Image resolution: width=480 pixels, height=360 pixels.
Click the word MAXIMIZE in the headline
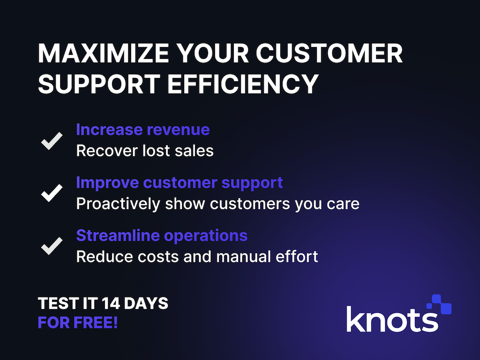point(104,53)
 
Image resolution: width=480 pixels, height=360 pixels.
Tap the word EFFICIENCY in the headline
point(243,84)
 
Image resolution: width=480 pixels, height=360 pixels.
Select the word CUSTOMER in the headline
point(329,53)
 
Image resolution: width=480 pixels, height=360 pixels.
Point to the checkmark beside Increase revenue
point(52,141)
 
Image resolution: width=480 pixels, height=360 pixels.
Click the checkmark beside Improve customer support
point(52,193)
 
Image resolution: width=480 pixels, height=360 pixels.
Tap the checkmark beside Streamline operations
point(52,246)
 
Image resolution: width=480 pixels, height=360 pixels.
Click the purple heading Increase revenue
point(143,129)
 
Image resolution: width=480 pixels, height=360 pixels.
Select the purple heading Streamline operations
point(162,236)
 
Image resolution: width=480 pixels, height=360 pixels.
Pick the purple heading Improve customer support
point(180,183)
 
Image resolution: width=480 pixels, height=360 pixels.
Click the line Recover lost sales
point(145,150)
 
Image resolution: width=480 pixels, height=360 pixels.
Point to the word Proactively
point(118,204)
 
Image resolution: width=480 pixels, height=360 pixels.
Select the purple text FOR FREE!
point(78,322)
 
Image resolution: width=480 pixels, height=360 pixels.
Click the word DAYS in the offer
point(146,303)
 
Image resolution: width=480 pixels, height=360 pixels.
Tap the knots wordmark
point(392,319)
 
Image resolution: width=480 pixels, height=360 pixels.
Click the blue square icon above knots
point(439,304)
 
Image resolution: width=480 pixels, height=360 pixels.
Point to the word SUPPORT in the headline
point(99,84)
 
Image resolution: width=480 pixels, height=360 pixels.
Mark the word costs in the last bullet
point(158,256)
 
